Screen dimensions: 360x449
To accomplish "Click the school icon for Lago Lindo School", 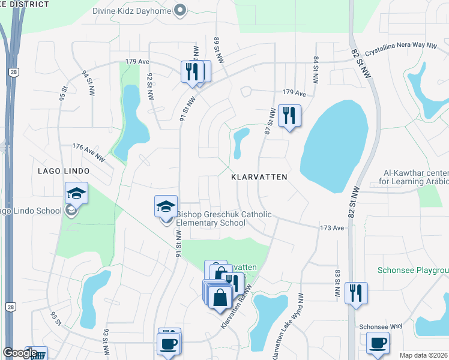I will pyautogui.click(x=77, y=193).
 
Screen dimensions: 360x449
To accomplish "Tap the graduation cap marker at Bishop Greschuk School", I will pyautogui.click(x=166, y=207).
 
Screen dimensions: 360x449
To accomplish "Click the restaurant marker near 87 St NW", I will pyautogui.click(x=289, y=116).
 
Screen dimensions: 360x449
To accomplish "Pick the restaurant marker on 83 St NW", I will pyautogui.click(x=357, y=293).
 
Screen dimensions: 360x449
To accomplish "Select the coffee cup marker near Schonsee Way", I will pyautogui.click(x=378, y=343).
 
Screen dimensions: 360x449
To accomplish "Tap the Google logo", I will pyautogui.click(x=20, y=352).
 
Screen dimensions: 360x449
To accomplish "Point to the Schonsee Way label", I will pyautogui.click(x=381, y=327).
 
